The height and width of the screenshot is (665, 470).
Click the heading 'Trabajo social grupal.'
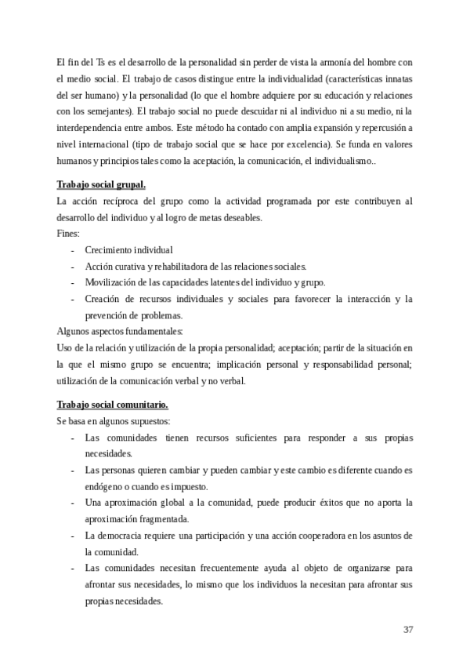[x=101, y=185]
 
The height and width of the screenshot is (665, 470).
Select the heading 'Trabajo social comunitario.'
[x=112, y=405]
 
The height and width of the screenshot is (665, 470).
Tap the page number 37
[x=408, y=630]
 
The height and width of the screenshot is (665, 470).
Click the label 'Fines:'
[x=69, y=234]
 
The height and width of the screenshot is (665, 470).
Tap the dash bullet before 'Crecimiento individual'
[x=73, y=250]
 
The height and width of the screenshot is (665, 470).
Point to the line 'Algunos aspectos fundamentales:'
[x=120, y=332]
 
